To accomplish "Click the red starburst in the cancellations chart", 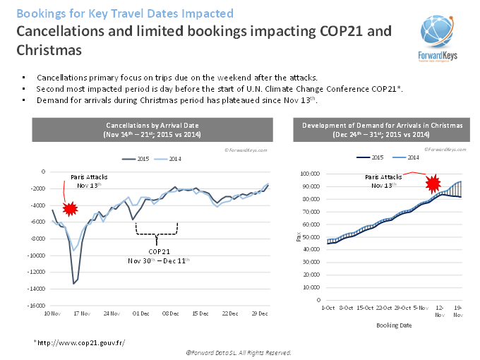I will [x=70, y=208].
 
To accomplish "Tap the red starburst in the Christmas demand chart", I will [x=432, y=184].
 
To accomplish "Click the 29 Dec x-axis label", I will [x=260, y=313].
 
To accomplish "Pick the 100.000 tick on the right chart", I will [x=311, y=174].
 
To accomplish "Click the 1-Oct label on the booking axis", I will [x=328, y=308].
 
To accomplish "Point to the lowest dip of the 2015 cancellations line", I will [x=73, y=283].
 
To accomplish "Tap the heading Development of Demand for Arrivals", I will [x=382, y=125].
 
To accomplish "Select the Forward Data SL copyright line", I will [x=239, y=352].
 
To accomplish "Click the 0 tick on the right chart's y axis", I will [x=320, y=300].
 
